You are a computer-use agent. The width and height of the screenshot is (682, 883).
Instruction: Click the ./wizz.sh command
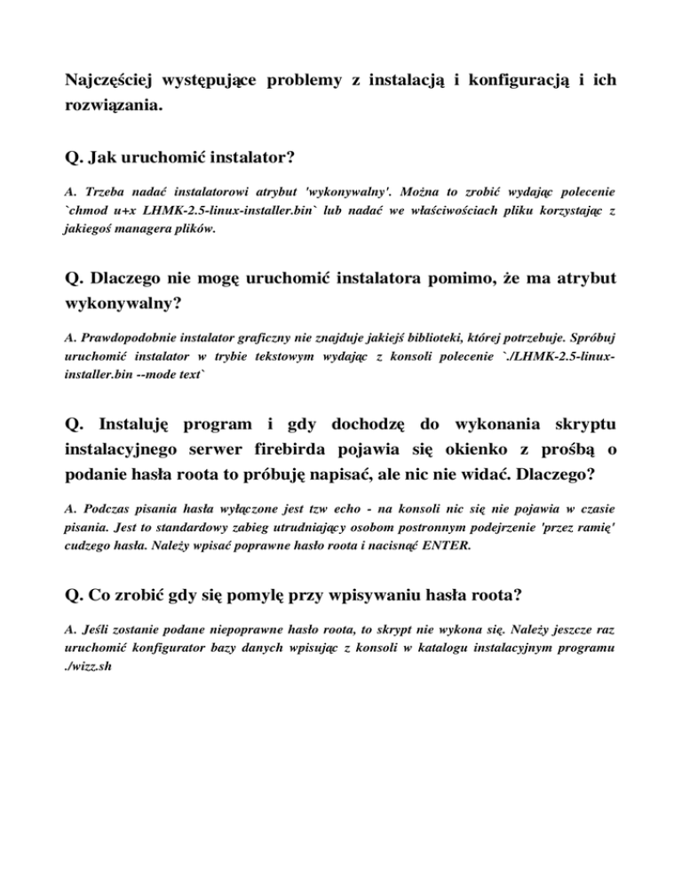[x=92, y=663]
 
